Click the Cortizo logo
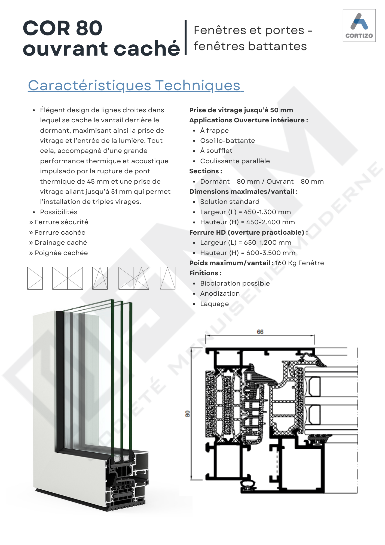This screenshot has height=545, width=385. (359, 25)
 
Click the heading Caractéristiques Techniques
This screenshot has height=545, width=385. (136, 86)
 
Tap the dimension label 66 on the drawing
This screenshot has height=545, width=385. (260, 332)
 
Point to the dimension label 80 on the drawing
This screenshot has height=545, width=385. (187, 414)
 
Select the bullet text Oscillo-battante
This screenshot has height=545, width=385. (228, 141)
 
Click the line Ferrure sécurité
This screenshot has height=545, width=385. (59, 222)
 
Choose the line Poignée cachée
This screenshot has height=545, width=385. (59, 253)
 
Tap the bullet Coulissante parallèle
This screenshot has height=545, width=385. (235, 161)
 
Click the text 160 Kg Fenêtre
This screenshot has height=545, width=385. (300, 263)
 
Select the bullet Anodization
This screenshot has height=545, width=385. (220, 293)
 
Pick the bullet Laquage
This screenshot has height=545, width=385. (215, 304)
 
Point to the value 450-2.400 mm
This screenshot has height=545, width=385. (270, 222)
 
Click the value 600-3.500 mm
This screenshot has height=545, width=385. (271, 253)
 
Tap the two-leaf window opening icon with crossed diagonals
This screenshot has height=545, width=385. (68, 278)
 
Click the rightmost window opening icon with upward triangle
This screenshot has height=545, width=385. (167, 278)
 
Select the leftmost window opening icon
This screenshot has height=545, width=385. (35, 278)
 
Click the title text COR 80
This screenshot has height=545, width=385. (63, 28)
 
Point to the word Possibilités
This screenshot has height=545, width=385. (59, 212)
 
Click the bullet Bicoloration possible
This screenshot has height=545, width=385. (235, 283)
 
